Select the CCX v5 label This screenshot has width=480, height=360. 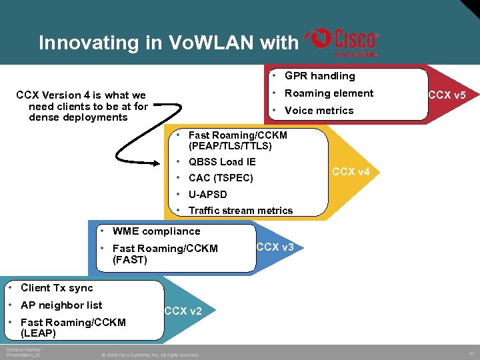click(447, 95)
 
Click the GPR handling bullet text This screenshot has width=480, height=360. click(319, 76)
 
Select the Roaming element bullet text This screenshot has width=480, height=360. click(329, 93)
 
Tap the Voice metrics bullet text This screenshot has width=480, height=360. click(319, 111)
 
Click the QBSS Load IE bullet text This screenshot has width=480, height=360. click(222, 162)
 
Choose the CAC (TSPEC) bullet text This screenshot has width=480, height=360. click(221, 178)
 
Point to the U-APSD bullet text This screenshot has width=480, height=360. click(207, 195)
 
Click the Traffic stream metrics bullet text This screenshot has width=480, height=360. click(241, 211)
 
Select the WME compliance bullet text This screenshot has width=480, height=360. click(156, 231)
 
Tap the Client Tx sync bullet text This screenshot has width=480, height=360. click(57, 288)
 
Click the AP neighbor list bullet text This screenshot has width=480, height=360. click(61, 305)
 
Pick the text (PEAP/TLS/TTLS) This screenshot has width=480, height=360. click(230, 145)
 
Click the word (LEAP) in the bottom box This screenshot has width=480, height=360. click(38, 333)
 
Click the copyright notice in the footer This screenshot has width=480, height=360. click(150, 355)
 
